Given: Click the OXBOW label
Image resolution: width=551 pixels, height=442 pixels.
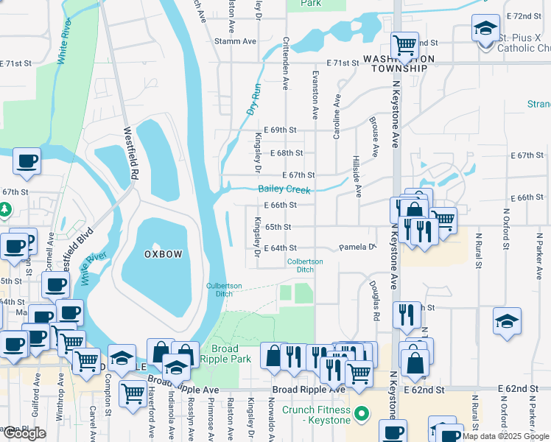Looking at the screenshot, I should point(163,253).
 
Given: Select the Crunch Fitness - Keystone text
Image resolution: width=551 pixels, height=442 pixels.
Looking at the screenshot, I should point(319,415).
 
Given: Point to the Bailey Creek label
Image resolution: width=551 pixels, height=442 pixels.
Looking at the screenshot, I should point(285,189).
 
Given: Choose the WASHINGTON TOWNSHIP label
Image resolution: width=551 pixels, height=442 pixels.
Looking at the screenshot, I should point(394,63).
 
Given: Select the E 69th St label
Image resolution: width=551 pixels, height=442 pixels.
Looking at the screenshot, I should point(279,130).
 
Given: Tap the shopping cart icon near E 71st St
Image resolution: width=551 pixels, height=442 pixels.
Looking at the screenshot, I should point(404,45).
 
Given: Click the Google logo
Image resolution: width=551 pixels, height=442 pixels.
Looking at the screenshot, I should point(24,433).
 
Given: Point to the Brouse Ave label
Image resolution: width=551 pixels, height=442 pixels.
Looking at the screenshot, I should point(374,136).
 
